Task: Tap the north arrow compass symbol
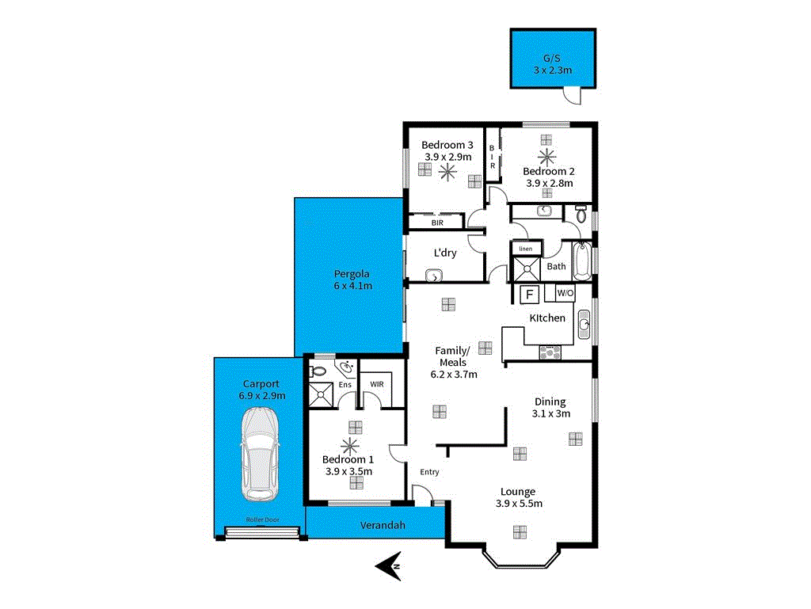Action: pos(388,565)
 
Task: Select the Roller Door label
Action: pos(262,520)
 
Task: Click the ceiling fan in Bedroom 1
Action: pos(349,446)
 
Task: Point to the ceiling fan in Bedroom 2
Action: pos(546,156)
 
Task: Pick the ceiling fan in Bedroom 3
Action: pos(447,172)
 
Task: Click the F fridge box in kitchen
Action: pos(530,295)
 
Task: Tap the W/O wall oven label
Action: pos(565,294)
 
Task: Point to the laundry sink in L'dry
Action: pos(433,276)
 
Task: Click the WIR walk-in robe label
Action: pos(377,385)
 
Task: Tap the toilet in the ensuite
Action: pos(318,370)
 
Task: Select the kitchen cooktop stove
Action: pos(550,352)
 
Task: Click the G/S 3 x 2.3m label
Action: pos(552,64)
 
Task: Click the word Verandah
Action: pos(383,525)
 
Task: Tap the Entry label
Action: pos(429,472)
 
